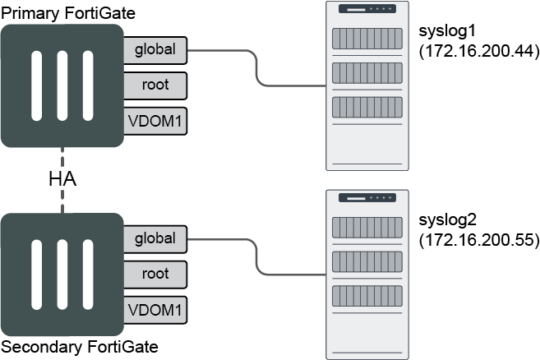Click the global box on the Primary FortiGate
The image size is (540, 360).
tap(155, 49)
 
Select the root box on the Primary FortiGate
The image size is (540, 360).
tap(155, 85)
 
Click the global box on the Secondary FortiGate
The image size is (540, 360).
tap(155, 238)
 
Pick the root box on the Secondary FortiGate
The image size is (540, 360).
tap(155, 274)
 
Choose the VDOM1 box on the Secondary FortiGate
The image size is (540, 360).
tap(155, 309)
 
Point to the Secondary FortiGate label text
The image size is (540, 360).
tap(79, 347)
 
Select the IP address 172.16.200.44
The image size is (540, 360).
tap(478, 53)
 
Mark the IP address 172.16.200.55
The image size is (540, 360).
tap(478, 242)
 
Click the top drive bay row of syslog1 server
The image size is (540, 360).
tap(367, 38)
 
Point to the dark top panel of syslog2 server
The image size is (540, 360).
tap(367, 198)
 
